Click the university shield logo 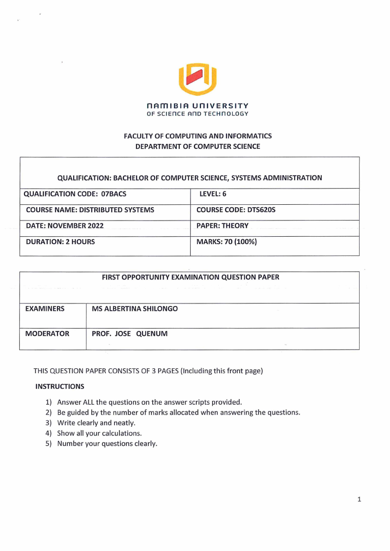tap(197, 79)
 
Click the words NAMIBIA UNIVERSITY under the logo tap(197, 106)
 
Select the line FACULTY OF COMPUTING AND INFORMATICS tap(197, 136)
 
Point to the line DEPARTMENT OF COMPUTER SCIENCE tap(197, 146)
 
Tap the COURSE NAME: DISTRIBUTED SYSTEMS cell tap(90, 210)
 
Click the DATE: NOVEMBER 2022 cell tap(64, 226)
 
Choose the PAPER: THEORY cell tap(222, 226)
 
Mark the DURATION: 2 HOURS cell tap(60, 242)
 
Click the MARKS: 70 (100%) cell tap(226, 242)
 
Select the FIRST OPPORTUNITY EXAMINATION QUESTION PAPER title tap(190, 277)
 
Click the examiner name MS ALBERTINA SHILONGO tap(135, 309)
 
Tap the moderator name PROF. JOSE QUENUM tap(130, 334)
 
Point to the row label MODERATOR tap(47, 334)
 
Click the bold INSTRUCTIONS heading tap(59, 387)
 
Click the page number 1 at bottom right tap(359, 499)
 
